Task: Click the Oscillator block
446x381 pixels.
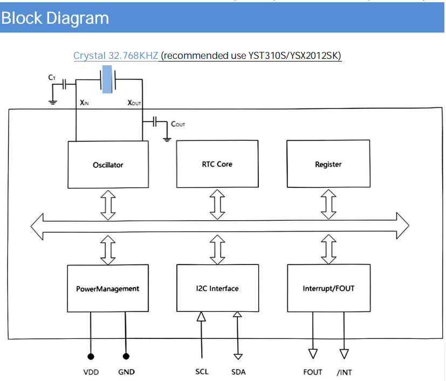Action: tap(108, 165)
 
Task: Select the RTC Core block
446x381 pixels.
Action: tap(217, 164)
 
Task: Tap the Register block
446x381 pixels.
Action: tap(328, 164)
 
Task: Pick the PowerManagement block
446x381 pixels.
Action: tap(108, 288)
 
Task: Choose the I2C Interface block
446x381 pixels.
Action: tap(217, 288)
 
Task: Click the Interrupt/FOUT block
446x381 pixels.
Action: tap(328, 288)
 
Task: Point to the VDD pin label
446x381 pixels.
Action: tap(91, 372)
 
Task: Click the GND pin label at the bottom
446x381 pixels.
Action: tap(126, 372)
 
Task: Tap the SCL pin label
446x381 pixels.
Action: tap(202, 372)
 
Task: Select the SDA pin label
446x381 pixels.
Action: tap(238, 372)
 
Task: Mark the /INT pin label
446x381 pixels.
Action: tap(344, 372)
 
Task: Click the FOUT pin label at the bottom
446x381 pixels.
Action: tap(313, 372)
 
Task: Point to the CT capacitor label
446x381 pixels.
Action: tap(52, 78)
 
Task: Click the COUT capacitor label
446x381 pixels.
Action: tap(178, 124)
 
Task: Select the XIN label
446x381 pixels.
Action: tap(84, 103)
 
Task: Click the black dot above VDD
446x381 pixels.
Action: tap(91, 356)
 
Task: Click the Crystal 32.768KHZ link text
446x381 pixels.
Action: tap(116, 56)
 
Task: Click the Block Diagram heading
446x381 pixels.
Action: tap(55, 18)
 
